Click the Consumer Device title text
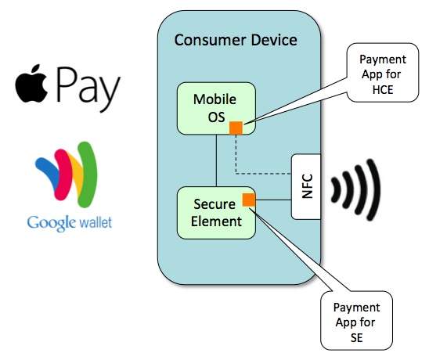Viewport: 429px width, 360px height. coord(236,40)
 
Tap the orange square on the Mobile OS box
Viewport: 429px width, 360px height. coord(235,128)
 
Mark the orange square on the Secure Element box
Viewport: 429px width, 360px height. coord(249,200)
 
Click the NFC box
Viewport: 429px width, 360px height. coord(306,185)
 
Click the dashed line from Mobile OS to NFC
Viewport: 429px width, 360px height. coord(266,172)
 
